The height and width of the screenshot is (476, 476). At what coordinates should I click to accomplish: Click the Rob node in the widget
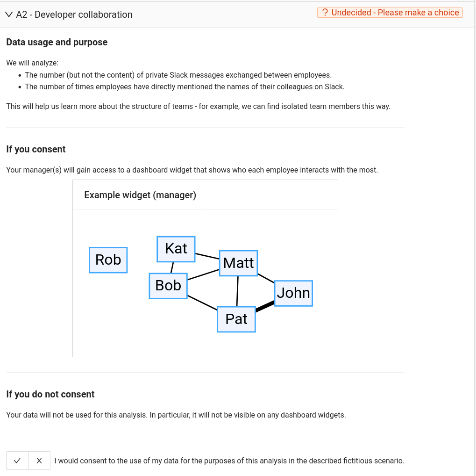coord(108,260)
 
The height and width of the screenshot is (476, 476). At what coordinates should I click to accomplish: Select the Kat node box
coord(176,249)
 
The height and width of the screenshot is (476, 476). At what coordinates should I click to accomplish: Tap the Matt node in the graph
coord(238,263)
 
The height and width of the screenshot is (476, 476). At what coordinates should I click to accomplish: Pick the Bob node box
coord(168,286)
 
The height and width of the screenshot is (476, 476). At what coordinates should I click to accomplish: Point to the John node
coord(293,293)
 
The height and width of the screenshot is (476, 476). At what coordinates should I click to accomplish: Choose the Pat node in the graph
coord(236,319)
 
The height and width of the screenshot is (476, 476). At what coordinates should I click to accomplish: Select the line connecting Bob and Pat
coord(202,302)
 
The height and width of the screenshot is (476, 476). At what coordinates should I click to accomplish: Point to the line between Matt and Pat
coord(237,291)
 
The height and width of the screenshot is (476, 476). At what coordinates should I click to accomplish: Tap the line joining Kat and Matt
coord(207,256)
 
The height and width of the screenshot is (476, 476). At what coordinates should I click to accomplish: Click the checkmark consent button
coord(17,461)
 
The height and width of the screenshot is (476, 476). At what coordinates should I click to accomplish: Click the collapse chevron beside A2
coord(9,14)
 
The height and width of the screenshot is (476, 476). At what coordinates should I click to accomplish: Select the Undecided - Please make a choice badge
coord(390,13)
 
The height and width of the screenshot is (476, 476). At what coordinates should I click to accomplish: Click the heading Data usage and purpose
coord(57,42)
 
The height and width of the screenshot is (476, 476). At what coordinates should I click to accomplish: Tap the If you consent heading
coord(36,149)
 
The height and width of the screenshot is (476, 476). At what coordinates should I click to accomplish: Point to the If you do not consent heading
coord(50,394)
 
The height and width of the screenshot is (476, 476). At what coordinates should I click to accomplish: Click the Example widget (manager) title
coord(140,195)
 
